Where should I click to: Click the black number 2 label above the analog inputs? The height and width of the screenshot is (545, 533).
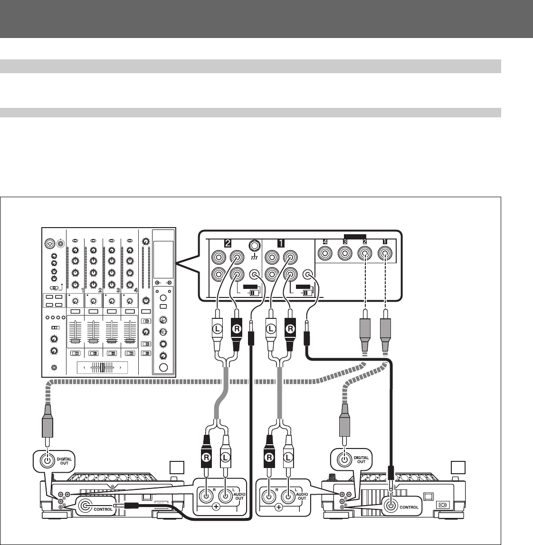pos(228,244)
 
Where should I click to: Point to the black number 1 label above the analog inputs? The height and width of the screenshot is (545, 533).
pos(281,244)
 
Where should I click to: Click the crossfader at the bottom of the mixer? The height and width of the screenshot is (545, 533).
pos(102,367)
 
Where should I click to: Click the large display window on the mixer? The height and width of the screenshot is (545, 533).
pos(163,259)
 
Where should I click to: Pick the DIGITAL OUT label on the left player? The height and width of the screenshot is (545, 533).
pos(64,460)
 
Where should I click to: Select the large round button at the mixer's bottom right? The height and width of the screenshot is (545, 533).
pos(164,367)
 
